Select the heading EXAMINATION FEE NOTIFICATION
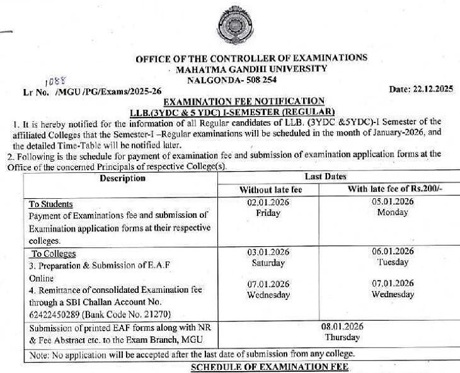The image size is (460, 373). (x=244, y=101)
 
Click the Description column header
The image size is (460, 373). (x=122, y=178)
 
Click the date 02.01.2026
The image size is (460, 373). (x=268, y=202)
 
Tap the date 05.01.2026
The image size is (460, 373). (x=393, y=202)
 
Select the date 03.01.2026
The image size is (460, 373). (x=268, y=252)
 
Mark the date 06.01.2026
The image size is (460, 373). (x=393, y=252)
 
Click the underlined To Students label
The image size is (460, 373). (x=51, y=204)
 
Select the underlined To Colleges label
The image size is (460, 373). (x=54, y=254)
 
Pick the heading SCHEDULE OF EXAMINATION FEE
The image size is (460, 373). (x=268, y=367)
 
